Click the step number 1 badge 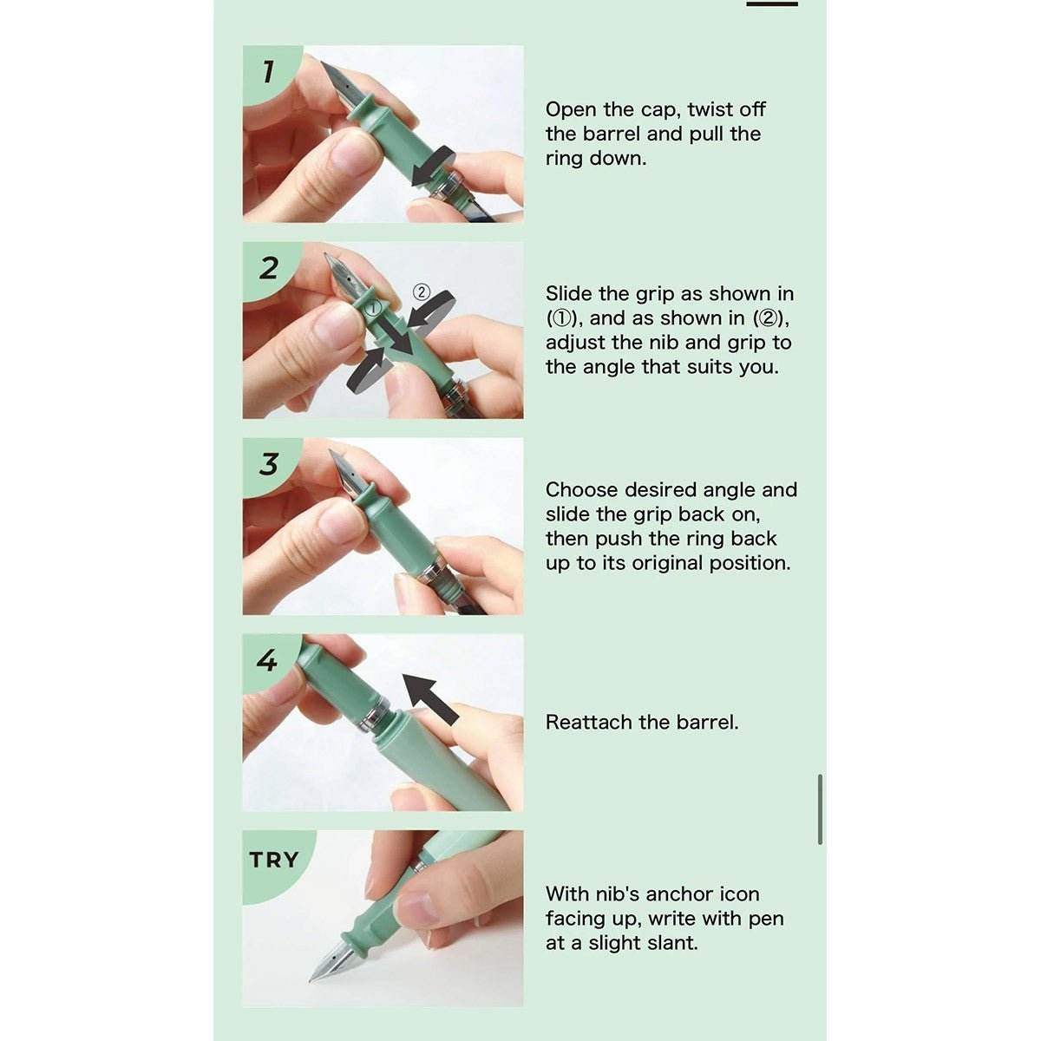[x=268, y=72]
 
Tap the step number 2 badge [x=268, y=268]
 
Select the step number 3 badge [x=268, y=464]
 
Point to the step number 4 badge [x=267, y=660]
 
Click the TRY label [x=274, y=860]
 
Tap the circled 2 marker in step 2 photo [x=422, y=292]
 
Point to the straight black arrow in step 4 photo [x=431, y=697]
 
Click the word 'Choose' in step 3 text [x=581, y=490]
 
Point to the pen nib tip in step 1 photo [x=323, y=63]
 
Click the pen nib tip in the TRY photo [x=310, y=980]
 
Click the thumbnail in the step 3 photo [x=336, y=520]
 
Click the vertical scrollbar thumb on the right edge [x=820, y=809]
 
